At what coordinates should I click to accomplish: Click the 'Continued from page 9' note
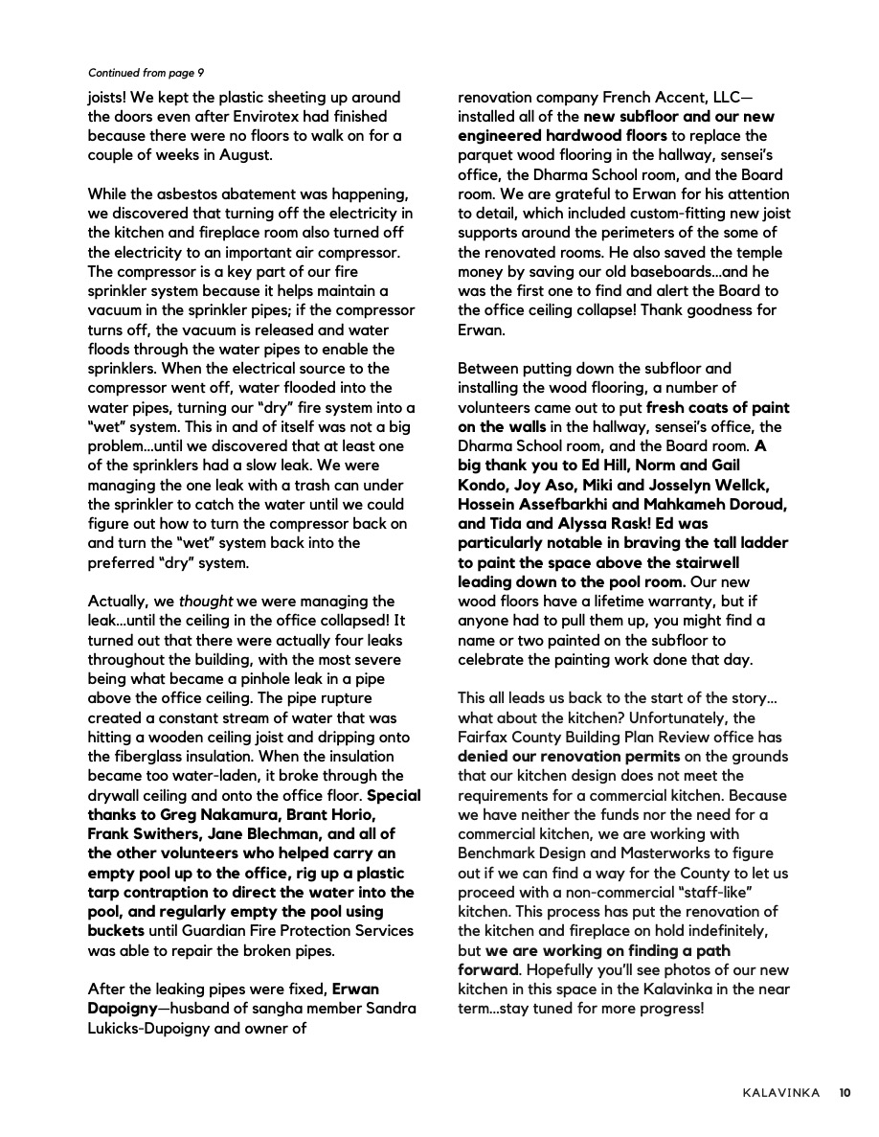tap(146, 72)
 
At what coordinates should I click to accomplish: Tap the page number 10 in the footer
tap(845, 1093)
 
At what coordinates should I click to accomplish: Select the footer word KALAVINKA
tap(780, 1093)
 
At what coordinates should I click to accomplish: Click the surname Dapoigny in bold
tap(122, 1008)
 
